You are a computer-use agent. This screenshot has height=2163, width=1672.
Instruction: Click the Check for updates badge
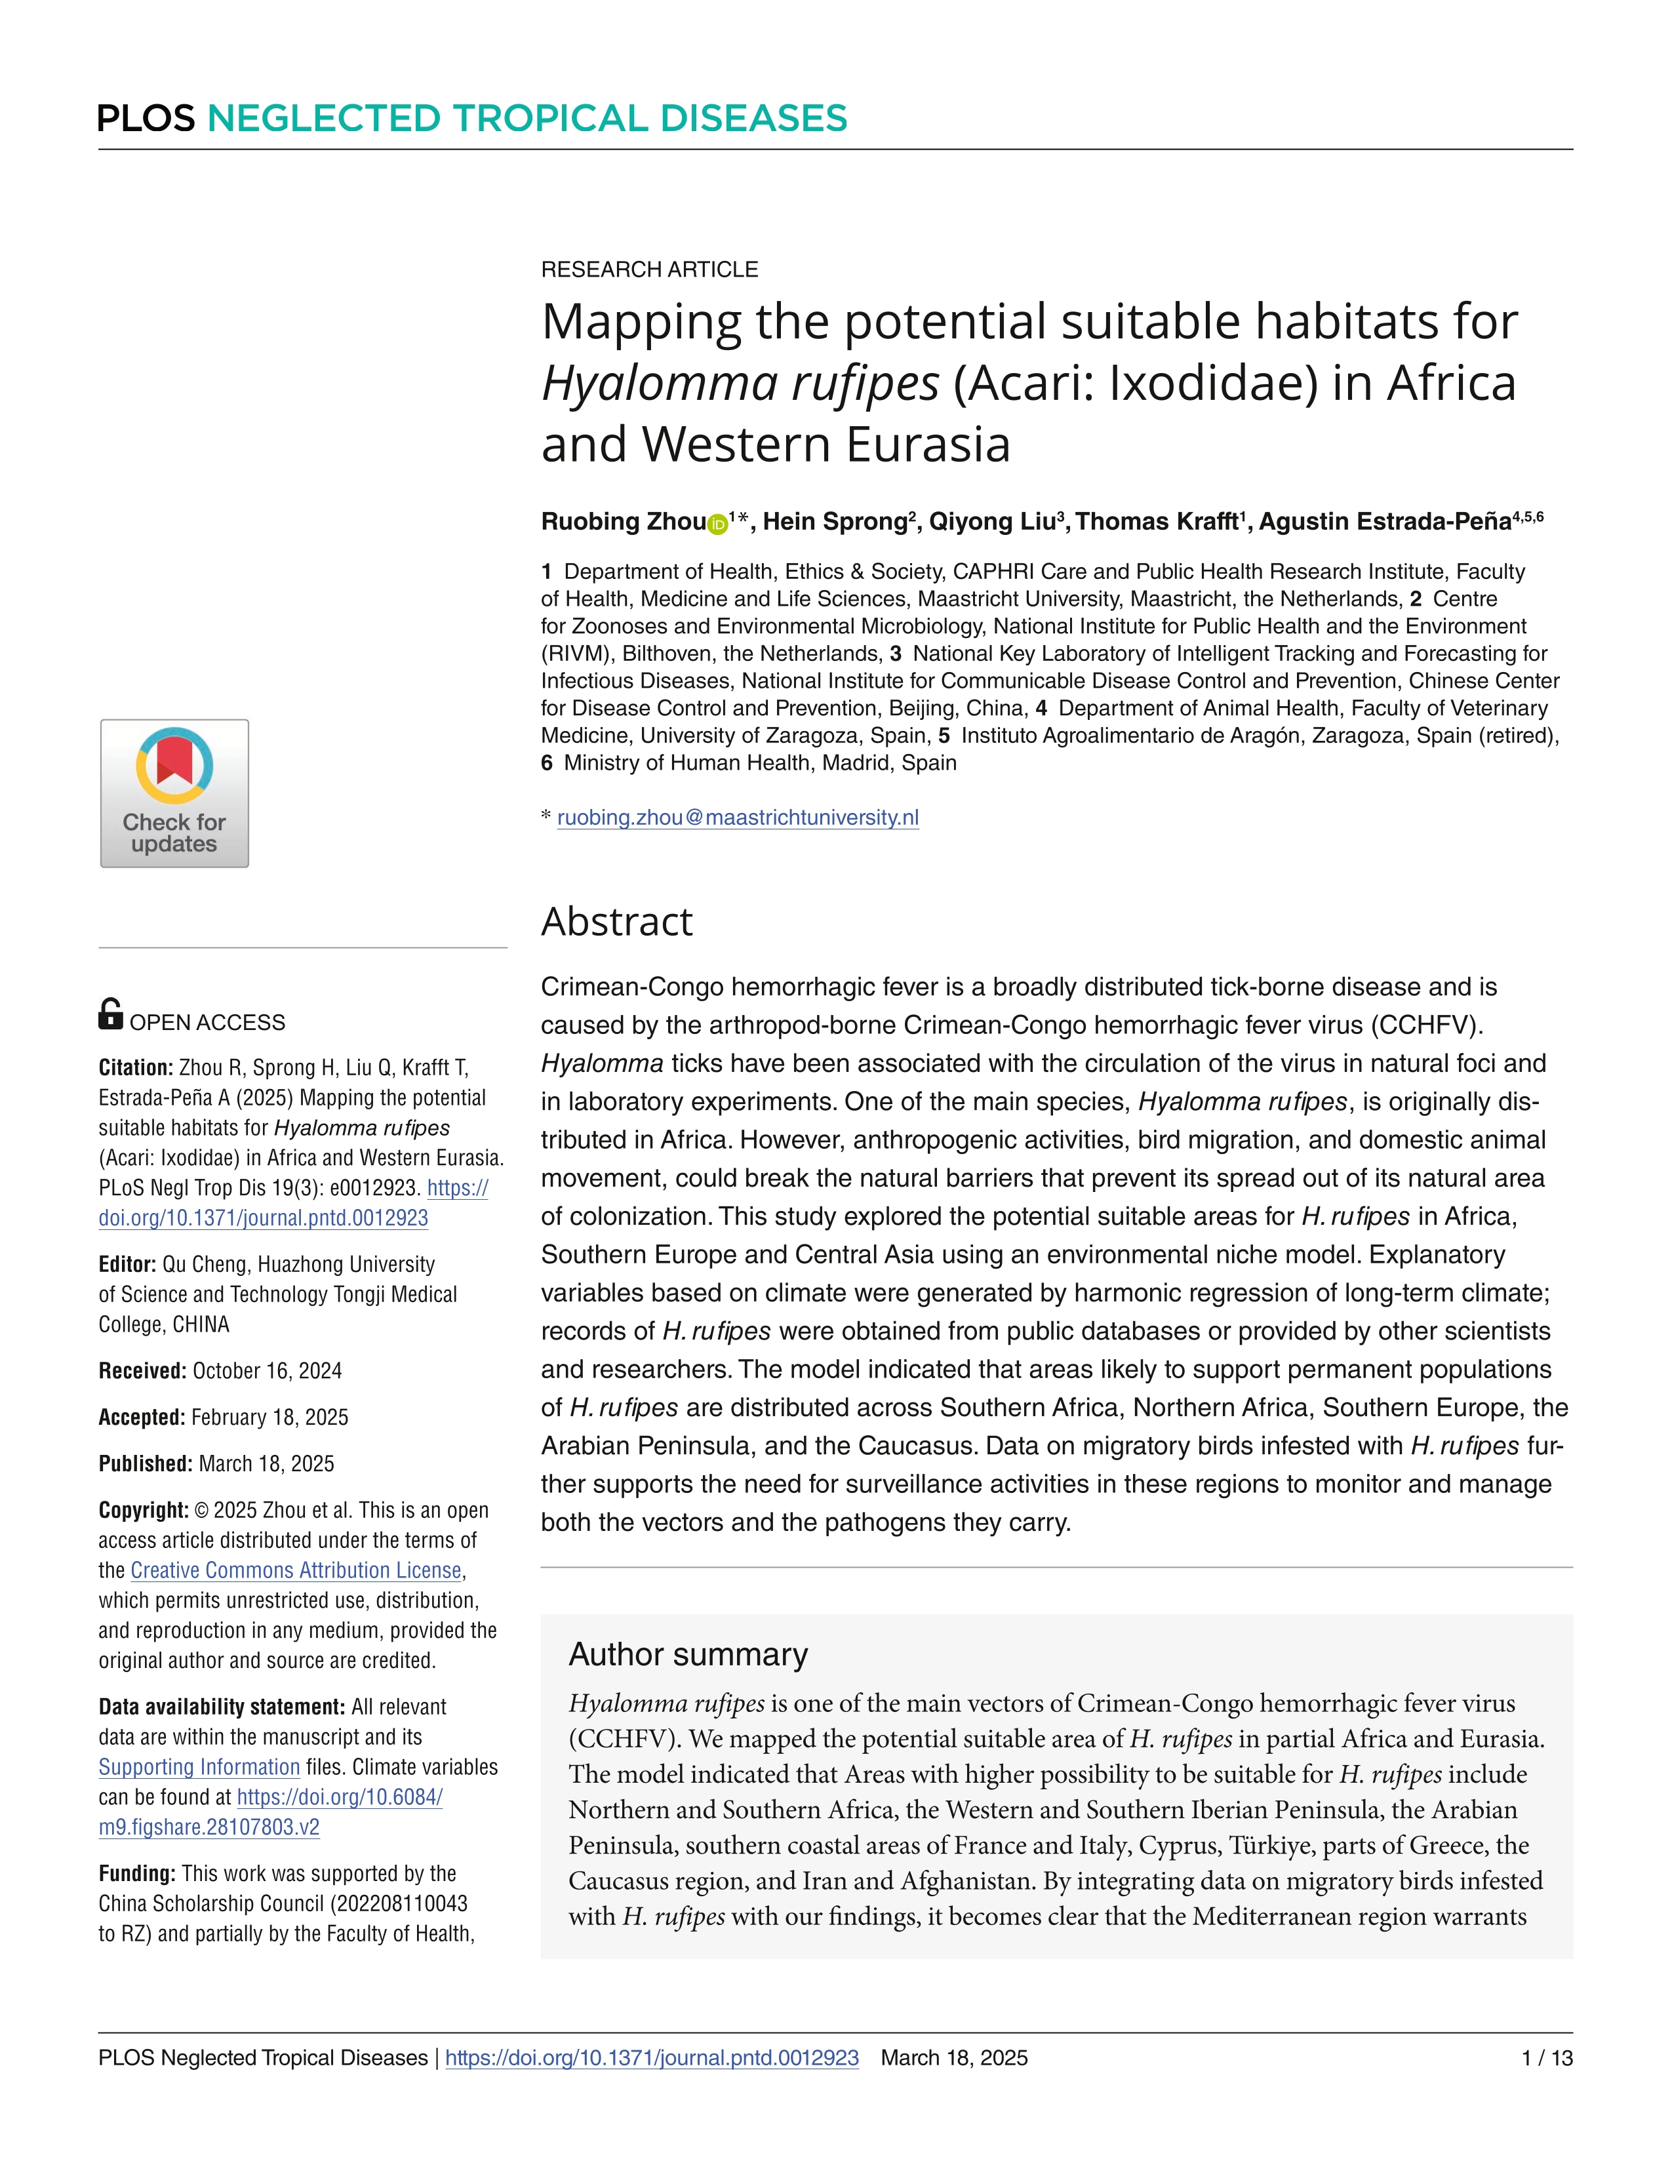(x=174, y=793)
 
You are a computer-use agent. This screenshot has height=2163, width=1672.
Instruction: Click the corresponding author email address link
(x=738, y=818)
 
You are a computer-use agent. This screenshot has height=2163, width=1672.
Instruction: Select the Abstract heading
(x=616, y=922)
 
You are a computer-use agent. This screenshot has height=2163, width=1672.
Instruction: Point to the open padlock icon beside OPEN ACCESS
(x=111, y=1014)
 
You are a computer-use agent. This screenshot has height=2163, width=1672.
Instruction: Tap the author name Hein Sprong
(x=834, y=522)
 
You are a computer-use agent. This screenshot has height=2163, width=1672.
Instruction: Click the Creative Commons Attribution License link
(x=296, y=1571)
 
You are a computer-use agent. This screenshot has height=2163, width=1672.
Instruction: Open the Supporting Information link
(x=199, y=1768)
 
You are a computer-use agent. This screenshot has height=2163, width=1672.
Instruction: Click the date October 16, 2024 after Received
(x=268, y=1372)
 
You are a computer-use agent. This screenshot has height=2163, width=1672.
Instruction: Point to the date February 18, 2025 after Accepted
(x=269, y=1418)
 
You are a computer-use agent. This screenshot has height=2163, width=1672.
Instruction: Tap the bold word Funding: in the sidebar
(x=136, y=1874)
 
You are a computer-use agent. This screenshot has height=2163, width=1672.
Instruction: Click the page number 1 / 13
(x=1546, y=2058)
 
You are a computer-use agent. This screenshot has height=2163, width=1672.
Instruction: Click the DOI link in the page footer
(x=652, y=2058)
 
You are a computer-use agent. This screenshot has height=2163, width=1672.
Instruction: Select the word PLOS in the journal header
(x=147, y=119)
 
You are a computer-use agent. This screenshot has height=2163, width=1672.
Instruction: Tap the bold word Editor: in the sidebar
(x=127, y=1265)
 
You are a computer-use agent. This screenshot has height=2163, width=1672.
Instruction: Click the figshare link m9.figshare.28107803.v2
(x=209, y=1827)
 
